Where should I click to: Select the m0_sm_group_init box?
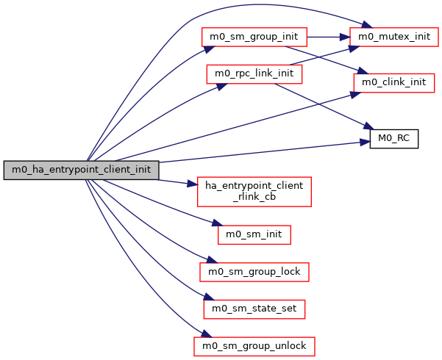tap(253, 36)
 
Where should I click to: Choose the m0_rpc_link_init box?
tap(254, 74)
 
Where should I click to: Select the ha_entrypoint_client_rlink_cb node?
tap(254, 191)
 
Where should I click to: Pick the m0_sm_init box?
tap(254, 234)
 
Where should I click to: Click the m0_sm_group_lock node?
tap(254, 271)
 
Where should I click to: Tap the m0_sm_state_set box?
tap(254, 309)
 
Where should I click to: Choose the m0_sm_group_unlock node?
tap(254, 345)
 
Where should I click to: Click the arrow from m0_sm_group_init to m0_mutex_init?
tap(327, 36)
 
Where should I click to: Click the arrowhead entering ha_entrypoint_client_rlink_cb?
tap(192, 184)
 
